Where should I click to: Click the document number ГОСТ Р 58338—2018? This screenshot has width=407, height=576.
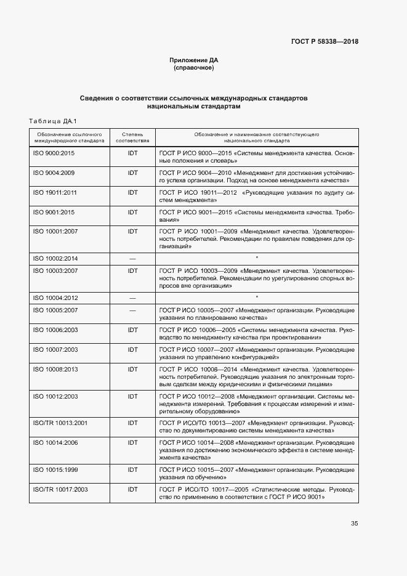[x=324, y=42]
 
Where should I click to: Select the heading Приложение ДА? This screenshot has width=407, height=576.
[x=194, y=60]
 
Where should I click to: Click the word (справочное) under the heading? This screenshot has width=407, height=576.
[x=194, y=68]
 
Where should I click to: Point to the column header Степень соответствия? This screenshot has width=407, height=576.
[x=132, y=136]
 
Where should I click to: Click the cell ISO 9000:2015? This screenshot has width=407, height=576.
[x=54, y=152]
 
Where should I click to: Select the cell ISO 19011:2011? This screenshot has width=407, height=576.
[x=55, y=192]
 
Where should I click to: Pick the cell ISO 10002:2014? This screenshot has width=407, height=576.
[x=55, y=259]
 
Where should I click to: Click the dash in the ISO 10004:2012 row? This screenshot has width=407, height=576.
[x=132, y=298]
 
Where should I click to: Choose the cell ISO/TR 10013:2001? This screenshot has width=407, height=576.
[x=60, y=423]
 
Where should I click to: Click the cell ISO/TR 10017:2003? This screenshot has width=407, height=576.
[x=60, y=489]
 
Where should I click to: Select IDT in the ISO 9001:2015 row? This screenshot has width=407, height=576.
[x=132, y=212]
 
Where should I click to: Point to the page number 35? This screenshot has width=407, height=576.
[x=354, y=524]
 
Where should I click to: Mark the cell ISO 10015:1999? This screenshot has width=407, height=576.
[x=55, y=469]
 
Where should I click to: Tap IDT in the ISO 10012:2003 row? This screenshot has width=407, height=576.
[x=132, y=396]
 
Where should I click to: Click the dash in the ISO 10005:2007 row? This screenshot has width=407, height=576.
[x=132, y=310]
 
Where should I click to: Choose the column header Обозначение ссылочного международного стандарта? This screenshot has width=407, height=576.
[x=69, y=136]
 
